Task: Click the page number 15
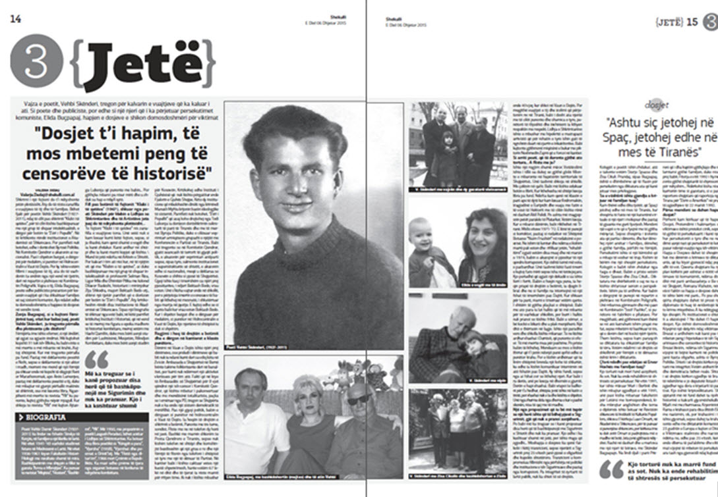692,22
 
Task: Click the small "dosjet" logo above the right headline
656,105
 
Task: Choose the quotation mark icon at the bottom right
611,469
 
